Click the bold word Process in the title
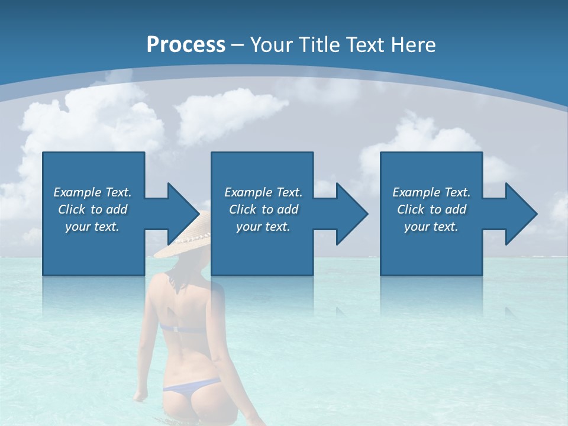point(186,44)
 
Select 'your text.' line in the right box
point(431,227)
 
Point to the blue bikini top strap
point(177,327)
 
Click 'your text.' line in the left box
point(92,227)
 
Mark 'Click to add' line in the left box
point(93,209)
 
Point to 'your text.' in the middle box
point(263,227)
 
